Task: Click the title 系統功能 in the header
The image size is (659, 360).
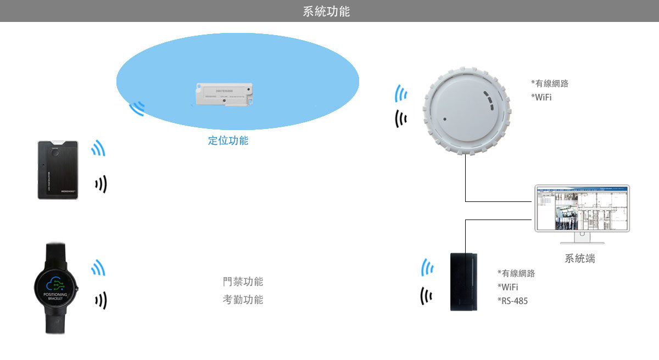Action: click(326, 11)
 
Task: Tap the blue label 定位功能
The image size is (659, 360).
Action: click(228, 140)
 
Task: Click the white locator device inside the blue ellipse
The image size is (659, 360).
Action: click(225, 94)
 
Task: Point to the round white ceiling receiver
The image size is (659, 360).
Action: click(465, 113)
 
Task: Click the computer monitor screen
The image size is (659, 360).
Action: click(582, 209)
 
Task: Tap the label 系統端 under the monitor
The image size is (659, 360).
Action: click(579, 258)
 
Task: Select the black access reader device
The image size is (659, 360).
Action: click(464, 282)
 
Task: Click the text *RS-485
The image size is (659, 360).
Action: click(512, 301)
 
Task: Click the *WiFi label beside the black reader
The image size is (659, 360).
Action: click(507, 287)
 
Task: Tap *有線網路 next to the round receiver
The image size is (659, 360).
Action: click(549, 84)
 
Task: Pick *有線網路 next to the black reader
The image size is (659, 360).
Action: click(516, 273)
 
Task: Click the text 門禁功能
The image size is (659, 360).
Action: click(243, 282)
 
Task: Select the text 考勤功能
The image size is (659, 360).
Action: click(243, 300)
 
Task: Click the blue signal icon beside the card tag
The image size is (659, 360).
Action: click(98, 148)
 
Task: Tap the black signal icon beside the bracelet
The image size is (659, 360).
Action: click(100, 300)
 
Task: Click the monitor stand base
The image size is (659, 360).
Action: click(582, 241)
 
